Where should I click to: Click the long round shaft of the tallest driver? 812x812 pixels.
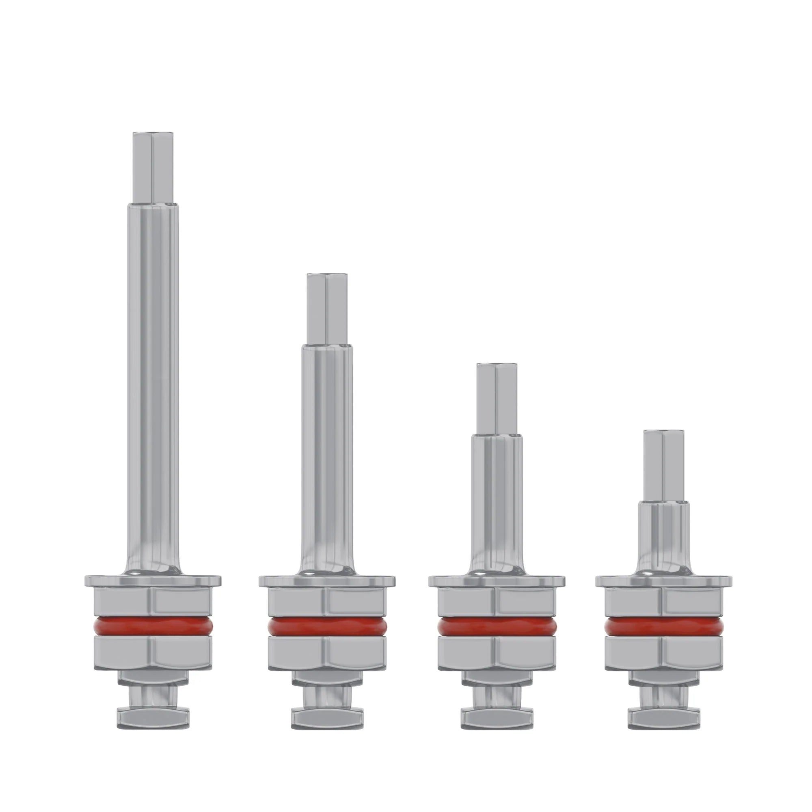153,378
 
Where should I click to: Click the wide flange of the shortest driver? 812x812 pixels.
664,581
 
